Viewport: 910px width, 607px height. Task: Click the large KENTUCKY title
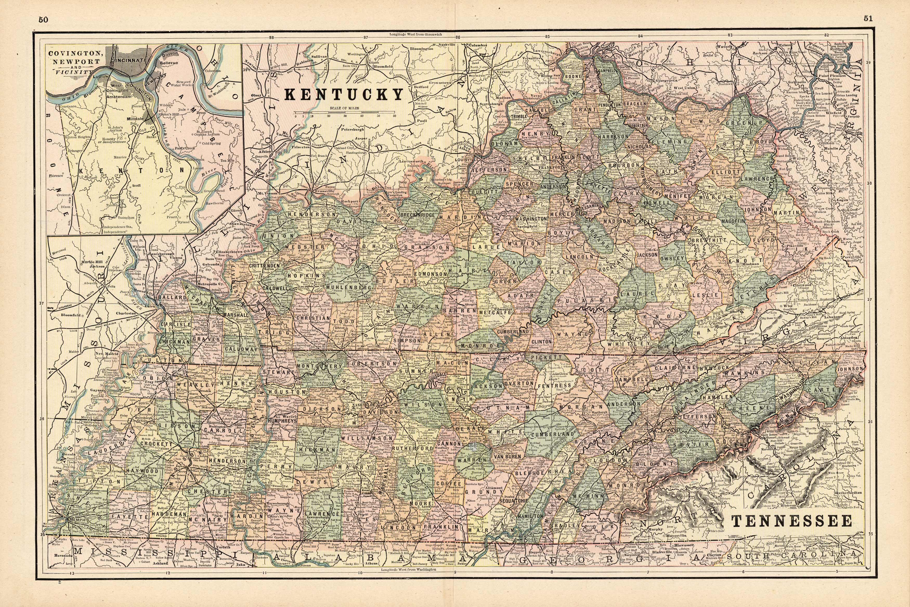point(344,95)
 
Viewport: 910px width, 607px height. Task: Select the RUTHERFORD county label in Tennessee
point(411,448)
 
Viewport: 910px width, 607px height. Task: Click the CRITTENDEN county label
point(264,266)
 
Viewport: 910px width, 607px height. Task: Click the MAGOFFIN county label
point(733,221)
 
